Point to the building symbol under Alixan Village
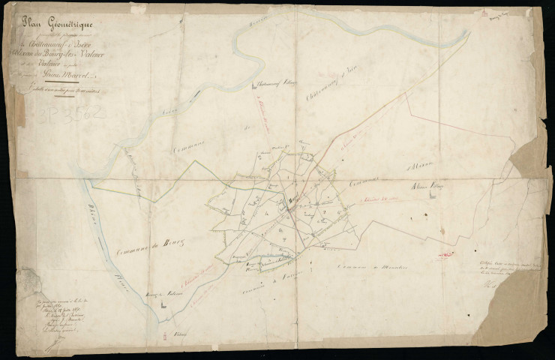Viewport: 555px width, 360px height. (431, 193)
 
